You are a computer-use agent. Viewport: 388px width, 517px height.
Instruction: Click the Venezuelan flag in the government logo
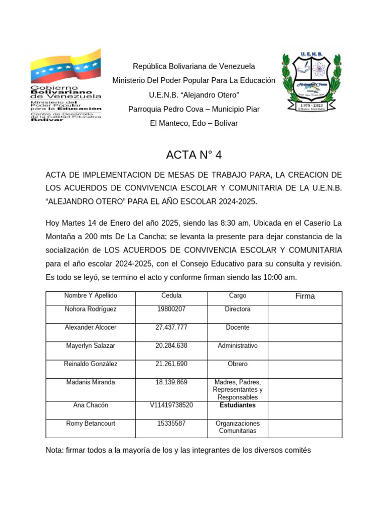(x=65, y=66)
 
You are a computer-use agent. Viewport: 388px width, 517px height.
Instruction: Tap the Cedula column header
(x=171, y=296)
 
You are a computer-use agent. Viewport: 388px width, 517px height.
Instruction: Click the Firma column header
(x=305, y=296)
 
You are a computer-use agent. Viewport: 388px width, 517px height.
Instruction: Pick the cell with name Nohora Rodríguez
(x=90, y=309)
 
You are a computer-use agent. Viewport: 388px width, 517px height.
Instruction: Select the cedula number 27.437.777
(x=171, y=327)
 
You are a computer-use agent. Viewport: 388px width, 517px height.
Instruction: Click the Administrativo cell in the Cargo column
(x=237, y=345)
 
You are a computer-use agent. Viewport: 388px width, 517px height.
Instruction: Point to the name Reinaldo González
(x=90, y=364)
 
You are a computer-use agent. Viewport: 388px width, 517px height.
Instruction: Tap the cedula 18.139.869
(x=171, y=382)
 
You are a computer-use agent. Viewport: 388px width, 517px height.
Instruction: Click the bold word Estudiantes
(x=237, y=405)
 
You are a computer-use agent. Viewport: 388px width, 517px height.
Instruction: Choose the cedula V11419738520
(x=171, y=405)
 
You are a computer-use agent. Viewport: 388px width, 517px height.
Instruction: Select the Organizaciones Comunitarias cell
(x=237, y=427)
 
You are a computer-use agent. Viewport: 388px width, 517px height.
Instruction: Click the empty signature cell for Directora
(x=305, y=314)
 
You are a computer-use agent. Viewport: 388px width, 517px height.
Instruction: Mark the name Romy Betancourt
(x=90, y=423)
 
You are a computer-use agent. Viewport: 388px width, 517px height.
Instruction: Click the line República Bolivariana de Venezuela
(x=194, y=66)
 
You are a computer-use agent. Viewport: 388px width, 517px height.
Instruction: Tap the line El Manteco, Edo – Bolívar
(x=194, y=123)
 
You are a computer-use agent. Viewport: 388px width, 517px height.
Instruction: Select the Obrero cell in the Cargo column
(x=237, y=364)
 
